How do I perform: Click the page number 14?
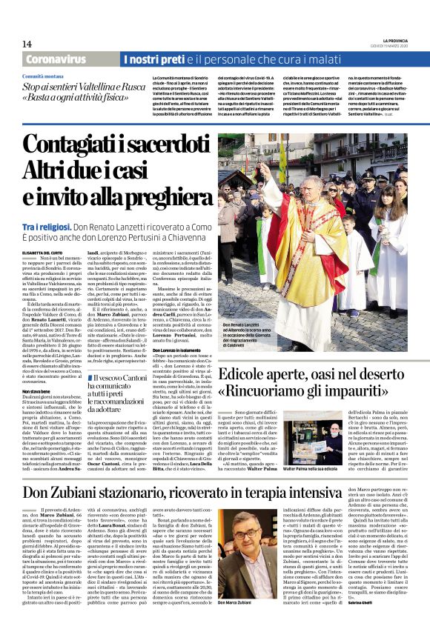pyautogui.click(x=27, y=44)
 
